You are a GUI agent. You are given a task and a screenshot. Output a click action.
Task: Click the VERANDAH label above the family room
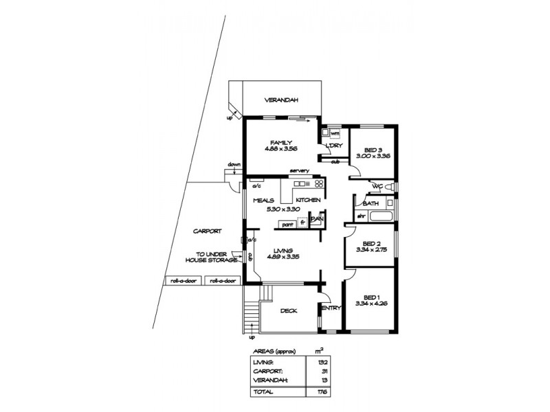point(282,101)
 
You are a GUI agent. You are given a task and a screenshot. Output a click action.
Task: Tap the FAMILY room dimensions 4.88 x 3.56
point(282,148)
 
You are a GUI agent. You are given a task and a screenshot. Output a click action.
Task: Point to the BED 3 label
point(373,150)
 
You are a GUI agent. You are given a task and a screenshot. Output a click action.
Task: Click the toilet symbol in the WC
point(388,187)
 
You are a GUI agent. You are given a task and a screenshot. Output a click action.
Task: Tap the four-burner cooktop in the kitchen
point(318,184)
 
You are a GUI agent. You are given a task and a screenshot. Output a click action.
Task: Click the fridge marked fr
point(302,223)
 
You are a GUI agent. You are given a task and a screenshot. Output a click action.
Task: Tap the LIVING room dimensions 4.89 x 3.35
point(282,256)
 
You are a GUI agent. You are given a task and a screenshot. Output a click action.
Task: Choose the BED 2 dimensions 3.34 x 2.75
point(372,250)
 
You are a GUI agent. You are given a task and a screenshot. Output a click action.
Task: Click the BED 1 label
point(372,297)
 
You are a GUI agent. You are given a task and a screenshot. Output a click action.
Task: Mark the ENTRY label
point(331,308)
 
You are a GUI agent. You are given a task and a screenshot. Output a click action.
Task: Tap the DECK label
point(289,311)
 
